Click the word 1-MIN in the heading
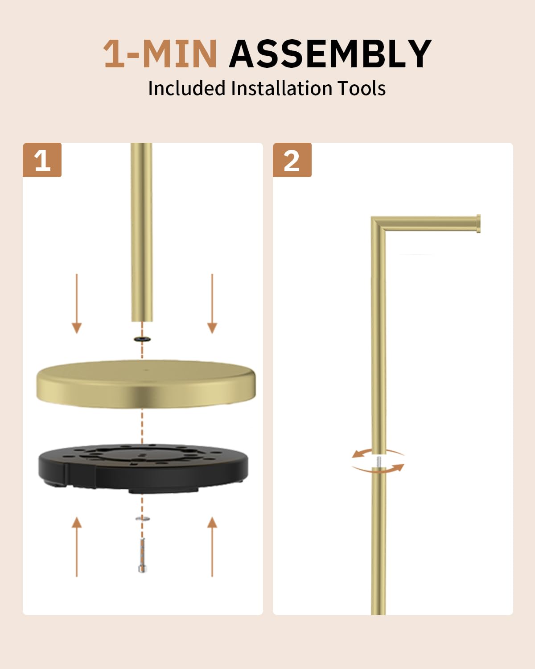[x=160, y=54]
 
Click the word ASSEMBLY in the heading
[x=330, y=54]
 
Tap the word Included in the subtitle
[x=187, y=88]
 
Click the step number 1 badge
[x=42, y=160]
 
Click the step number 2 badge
[x=292, y=160]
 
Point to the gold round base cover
[x=146, y=384]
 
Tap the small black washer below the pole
[x=142, y=339]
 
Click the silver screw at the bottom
[x=142, y=555]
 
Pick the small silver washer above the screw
[x=142, y=518]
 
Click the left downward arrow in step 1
[x=77, y=304]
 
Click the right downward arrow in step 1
[x=212, y=304]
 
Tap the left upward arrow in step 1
[x=77, y=546]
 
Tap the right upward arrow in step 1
[x=212, y=546]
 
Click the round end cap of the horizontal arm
[x=478, y=223]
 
